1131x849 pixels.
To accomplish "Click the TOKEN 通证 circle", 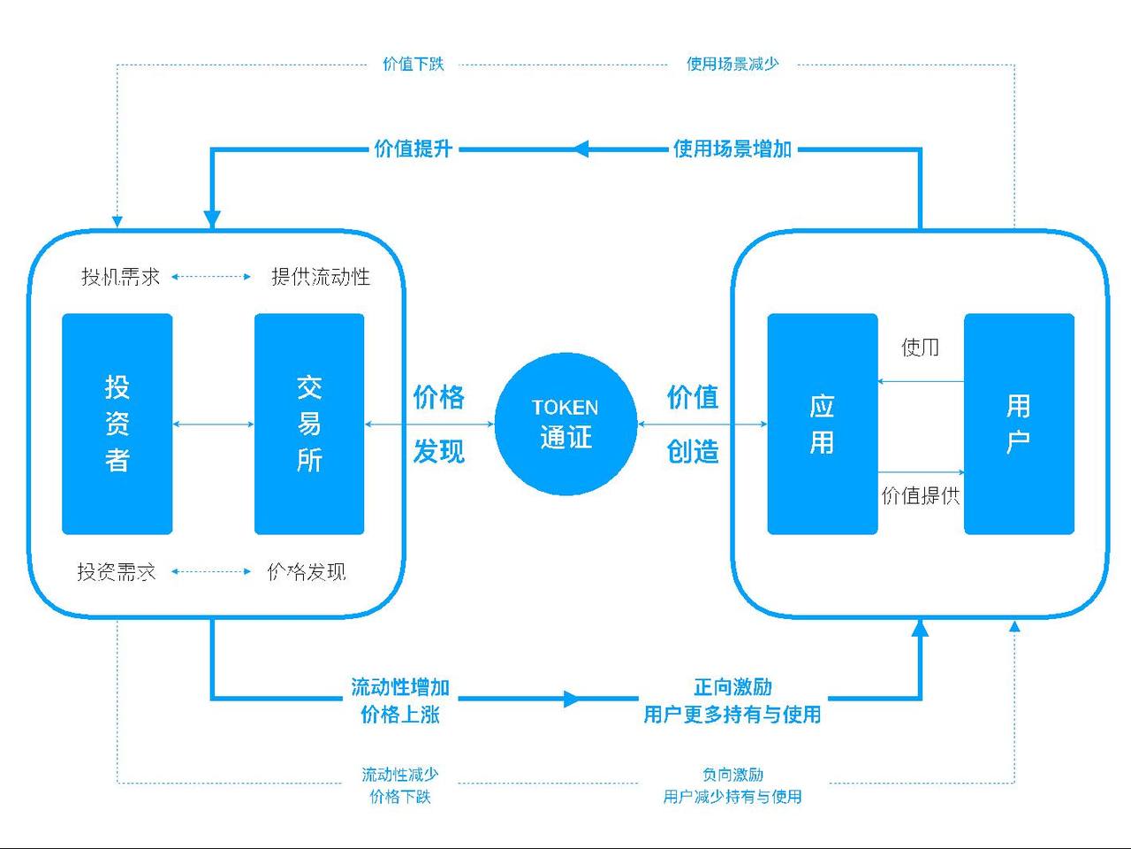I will [565, 424].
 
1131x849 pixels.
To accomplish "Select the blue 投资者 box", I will [117, 424].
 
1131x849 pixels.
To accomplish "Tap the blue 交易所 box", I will [309, 424].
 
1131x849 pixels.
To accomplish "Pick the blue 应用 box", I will [822, 424].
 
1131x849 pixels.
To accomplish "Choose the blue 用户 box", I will [1019, 424].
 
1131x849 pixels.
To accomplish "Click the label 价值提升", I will [413, 149].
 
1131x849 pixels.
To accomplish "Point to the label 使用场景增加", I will [732, 149].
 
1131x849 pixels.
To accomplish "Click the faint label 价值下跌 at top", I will [413, 64].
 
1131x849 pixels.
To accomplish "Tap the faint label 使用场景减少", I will [732, 64].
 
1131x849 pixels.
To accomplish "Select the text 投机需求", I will [120, 277].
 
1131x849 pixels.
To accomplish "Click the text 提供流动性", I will [320, 277].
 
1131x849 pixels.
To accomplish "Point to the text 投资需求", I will [117, 571].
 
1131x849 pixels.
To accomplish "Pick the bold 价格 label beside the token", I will [438, 397].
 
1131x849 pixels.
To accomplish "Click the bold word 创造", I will [693, 452].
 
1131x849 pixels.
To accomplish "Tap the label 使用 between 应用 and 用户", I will [920, 347].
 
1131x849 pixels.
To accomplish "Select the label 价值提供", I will [920, 495].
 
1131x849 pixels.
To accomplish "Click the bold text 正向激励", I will [732, 686].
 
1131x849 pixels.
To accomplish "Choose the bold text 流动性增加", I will [400, 686].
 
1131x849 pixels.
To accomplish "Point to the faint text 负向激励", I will [732, 775].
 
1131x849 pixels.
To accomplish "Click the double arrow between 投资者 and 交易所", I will [213, 424].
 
